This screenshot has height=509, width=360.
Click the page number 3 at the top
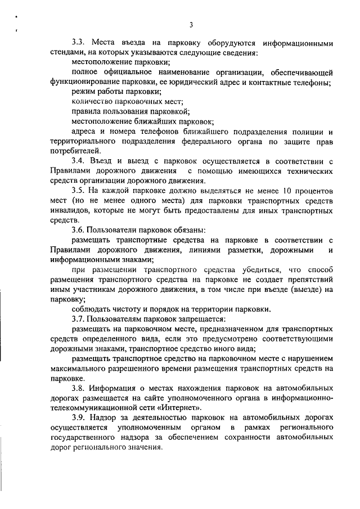(192, 25)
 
